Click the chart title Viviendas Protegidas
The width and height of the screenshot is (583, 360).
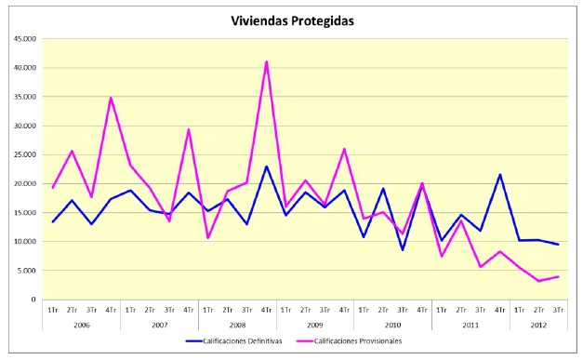(293, 20)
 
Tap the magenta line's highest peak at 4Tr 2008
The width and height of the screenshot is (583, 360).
(267, 62)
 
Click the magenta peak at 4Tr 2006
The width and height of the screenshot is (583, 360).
(112, 98)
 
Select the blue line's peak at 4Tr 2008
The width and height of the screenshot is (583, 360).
(267, 167)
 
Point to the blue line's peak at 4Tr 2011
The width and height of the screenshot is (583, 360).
(500, 175)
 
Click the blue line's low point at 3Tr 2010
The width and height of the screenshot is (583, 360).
(403, 249)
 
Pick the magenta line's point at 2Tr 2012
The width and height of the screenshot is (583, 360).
(538, 281)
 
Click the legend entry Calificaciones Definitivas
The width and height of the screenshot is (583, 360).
(242, 340)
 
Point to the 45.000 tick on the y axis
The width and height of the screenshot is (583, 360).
(23, 39)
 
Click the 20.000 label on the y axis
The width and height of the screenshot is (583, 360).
(23, 183)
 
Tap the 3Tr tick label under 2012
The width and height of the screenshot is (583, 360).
(558, 308)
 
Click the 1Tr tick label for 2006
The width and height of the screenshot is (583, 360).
(54, 308)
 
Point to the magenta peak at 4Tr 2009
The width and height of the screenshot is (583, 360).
(345, 149)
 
